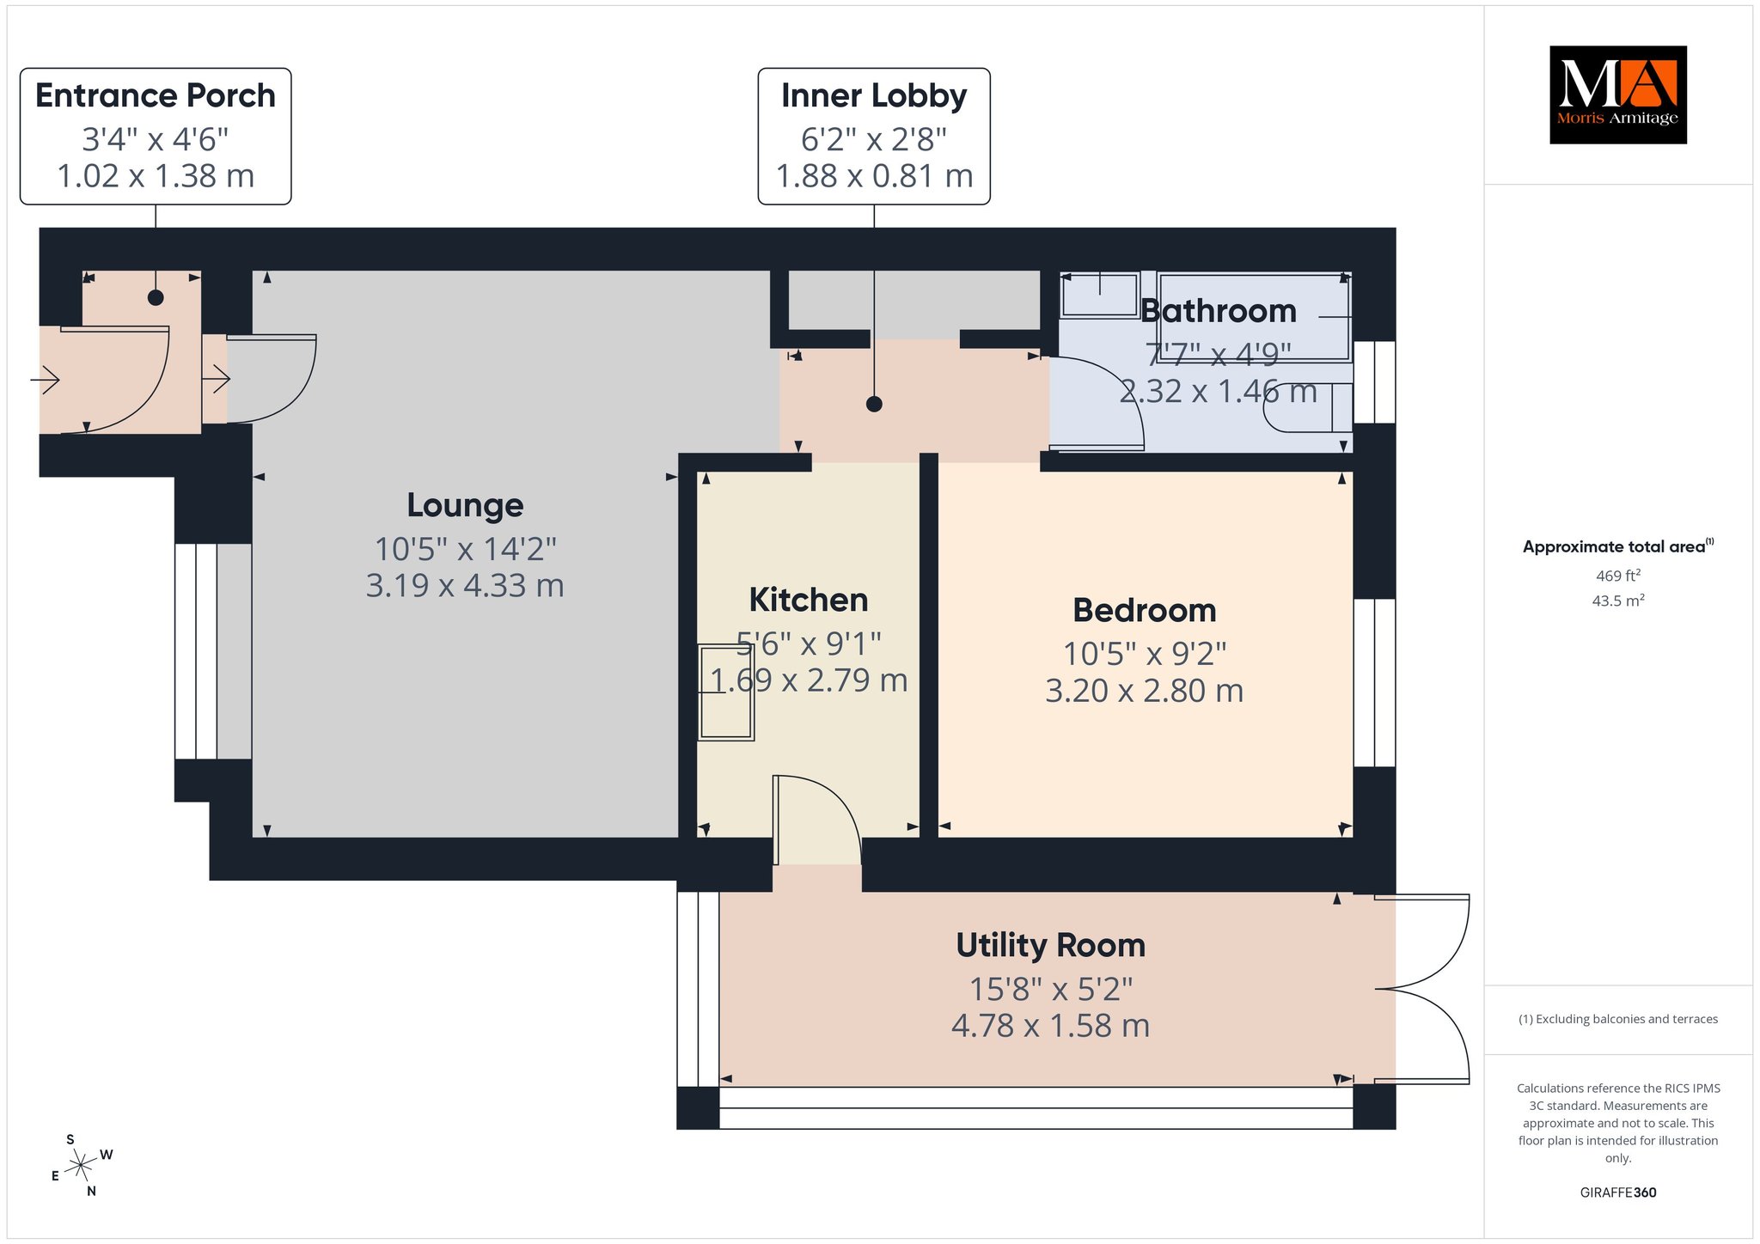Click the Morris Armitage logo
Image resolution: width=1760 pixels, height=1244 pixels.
(1617, 95)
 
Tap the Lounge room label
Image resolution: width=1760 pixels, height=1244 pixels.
(465, 505)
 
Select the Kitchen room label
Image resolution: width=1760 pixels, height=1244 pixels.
(809, 600)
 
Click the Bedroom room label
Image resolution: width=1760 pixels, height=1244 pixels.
(1145, 611)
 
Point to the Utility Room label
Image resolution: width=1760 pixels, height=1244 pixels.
(1051, 945)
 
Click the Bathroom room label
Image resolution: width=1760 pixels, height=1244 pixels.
(1219, 311)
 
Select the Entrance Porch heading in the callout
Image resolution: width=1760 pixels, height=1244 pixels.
(156, 95)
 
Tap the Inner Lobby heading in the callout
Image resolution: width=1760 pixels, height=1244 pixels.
(874, 95)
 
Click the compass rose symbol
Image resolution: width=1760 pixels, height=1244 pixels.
(82, 1165)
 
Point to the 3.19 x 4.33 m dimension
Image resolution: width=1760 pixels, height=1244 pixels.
(465, 586)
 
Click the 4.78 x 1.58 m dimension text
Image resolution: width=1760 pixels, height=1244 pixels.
(1050, 1026)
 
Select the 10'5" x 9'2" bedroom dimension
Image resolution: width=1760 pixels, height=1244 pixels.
(1145, 654)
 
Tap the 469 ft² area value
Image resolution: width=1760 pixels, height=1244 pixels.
(1617, 576)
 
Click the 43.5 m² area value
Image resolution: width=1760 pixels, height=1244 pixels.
(1618, 601)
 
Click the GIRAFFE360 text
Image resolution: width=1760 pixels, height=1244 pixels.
(1618, 1192)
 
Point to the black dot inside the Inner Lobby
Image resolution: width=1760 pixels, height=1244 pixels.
(874, 404)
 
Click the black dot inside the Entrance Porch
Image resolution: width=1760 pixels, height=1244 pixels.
(156, 298)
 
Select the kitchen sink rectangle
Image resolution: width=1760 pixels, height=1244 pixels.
(726, 692)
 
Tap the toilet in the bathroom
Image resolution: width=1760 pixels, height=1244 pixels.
(1306, 407)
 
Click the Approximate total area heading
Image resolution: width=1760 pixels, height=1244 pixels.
(1617, 546)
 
